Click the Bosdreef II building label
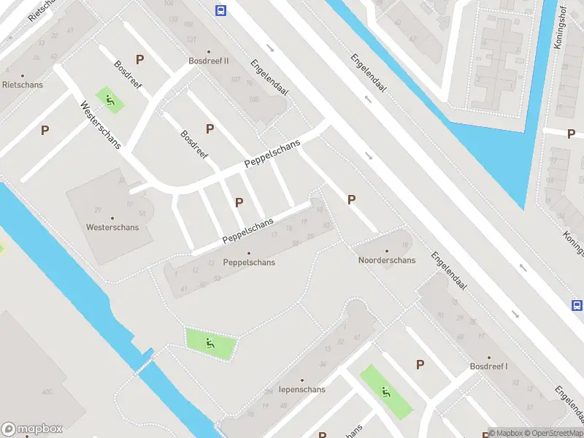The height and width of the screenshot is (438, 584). pos(209,61)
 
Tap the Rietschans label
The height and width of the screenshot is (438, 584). pos(23,85)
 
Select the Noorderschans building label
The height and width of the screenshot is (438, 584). pos(386,261)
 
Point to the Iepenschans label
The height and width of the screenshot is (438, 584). pos(302,389)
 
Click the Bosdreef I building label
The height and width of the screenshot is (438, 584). pos(488,366)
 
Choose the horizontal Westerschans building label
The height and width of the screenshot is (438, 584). pos(112,227)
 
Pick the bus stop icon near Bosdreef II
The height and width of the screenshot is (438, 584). pos(220,10)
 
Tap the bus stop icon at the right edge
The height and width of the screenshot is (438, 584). pos(577,306)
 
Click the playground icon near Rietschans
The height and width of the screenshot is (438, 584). pos(110,99)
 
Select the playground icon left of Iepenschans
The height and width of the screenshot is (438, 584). pos(210,342)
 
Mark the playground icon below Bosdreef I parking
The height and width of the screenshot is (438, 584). pos(385,392)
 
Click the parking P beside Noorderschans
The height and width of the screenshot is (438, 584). pos(352,199)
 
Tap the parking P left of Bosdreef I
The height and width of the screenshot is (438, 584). pos(420,364)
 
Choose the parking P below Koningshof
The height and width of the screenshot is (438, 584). pos(571,133)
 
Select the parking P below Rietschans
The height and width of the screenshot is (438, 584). pos(45,130)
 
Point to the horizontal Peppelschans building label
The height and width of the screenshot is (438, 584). pos(249,262)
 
